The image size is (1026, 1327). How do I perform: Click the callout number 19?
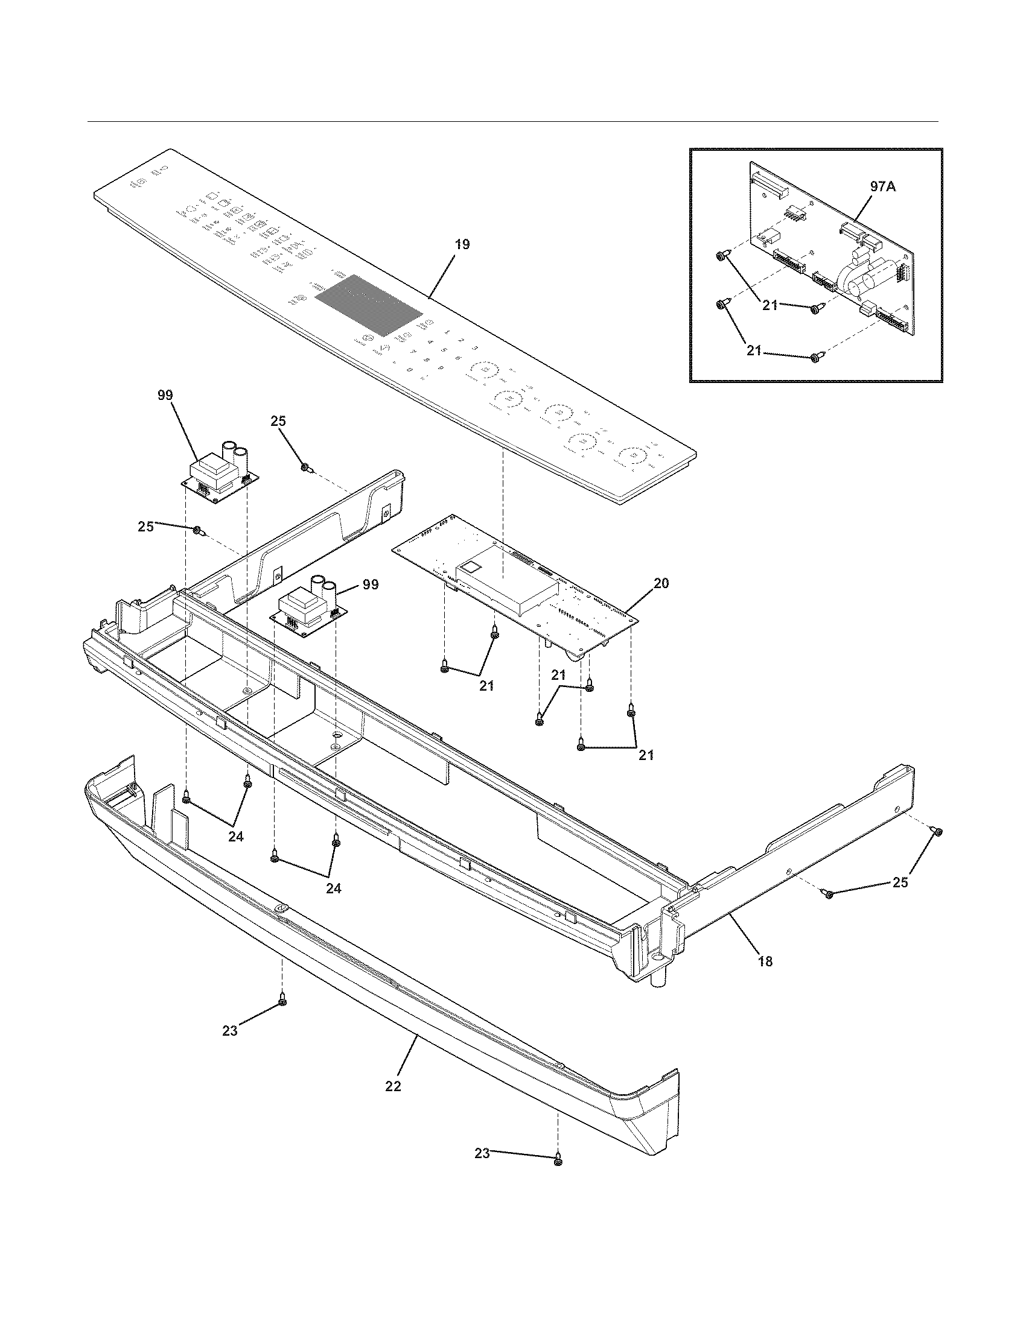click(x=462, y=245)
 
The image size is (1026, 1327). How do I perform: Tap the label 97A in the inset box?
click(x=882, y=187)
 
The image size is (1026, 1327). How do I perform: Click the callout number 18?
click(x=765, y=961)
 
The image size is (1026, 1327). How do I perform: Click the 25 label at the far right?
click(x=900, y=882)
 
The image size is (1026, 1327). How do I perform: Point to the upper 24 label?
click(x=236, y=836)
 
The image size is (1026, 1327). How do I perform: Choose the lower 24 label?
click(x=333, y=888)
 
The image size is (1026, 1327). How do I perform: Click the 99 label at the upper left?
click(x=165, y=395)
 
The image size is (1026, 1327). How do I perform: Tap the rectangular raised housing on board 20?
click(x=508, y=574)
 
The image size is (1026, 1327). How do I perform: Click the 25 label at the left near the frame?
click(x=145, y=526)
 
